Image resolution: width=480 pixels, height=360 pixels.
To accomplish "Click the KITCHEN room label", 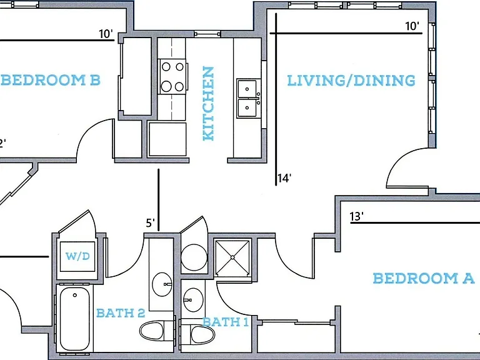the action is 209,104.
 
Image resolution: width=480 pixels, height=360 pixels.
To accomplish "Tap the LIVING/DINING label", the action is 351,80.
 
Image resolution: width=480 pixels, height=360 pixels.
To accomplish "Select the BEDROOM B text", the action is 51,80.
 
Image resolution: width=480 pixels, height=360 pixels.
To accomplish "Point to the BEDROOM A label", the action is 424,278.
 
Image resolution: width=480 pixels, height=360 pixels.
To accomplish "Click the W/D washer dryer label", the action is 77,256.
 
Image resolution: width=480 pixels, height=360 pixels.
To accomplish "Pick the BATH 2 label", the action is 121,313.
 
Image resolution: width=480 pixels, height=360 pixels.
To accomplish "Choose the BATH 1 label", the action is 226,322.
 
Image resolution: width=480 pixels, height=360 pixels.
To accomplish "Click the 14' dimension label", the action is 284,178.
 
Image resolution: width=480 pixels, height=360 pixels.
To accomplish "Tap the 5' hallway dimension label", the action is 150,223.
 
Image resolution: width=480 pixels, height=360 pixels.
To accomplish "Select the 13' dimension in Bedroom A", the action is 357,216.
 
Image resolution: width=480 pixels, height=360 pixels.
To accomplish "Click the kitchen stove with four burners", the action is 172,76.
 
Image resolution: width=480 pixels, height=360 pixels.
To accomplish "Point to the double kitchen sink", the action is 248,98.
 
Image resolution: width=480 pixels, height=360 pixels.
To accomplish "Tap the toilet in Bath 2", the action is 156,331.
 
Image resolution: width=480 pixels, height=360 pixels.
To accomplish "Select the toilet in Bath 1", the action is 197,334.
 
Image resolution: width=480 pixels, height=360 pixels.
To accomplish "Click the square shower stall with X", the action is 233,257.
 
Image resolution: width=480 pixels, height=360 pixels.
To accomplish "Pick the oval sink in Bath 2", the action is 162,284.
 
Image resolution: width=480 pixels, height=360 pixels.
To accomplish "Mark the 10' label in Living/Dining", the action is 412,26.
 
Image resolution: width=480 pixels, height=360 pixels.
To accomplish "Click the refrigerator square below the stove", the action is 167,139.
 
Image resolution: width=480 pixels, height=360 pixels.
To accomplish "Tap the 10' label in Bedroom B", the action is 106,34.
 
